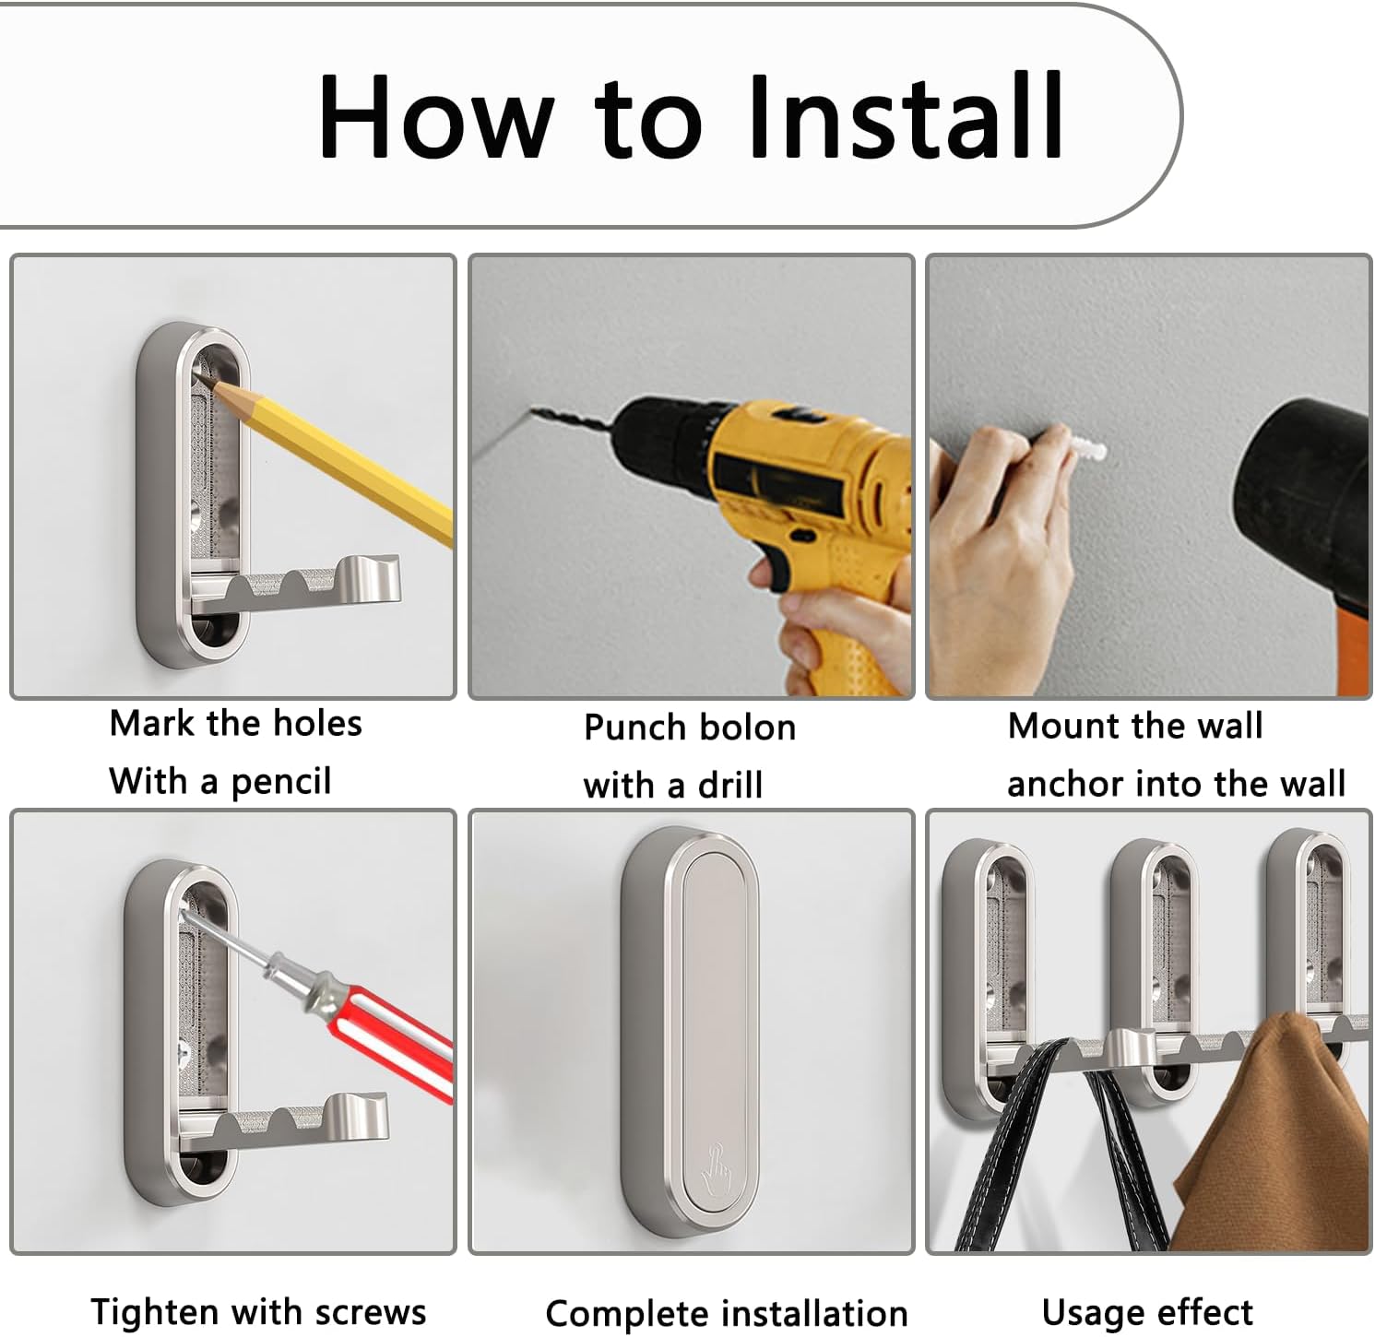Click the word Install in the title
click(x=907, y=115)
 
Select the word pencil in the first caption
click(x=281, y=783)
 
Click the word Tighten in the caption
click(x=154, y=1312)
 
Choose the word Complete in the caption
click(x=628, y=1315)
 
